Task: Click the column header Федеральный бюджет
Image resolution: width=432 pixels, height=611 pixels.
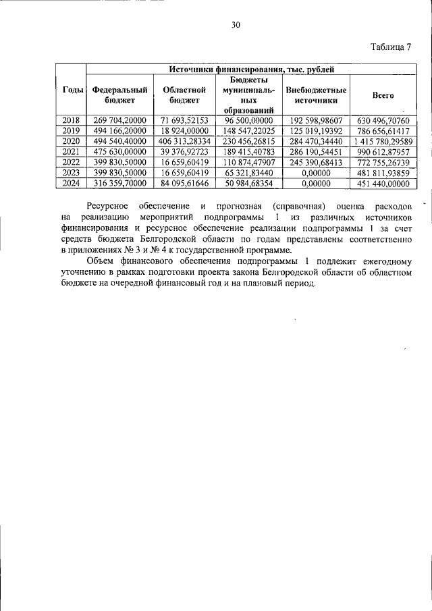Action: [119, 95]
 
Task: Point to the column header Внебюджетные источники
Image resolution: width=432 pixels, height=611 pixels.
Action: [316, 95]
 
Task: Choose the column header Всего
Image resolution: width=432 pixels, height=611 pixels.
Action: [383, 96]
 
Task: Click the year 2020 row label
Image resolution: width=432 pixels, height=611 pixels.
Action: [72, 141]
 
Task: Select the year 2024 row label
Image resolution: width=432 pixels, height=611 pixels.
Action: [72, 183]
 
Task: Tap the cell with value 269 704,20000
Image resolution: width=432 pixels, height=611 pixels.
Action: [119, 121]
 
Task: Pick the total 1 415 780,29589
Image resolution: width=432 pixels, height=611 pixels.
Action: [383, 141]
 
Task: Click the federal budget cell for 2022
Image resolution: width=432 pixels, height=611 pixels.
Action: [119, 162]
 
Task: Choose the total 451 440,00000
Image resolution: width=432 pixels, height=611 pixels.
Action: [383, 183]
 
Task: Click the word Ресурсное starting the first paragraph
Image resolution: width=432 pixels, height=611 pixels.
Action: [109, 205]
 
